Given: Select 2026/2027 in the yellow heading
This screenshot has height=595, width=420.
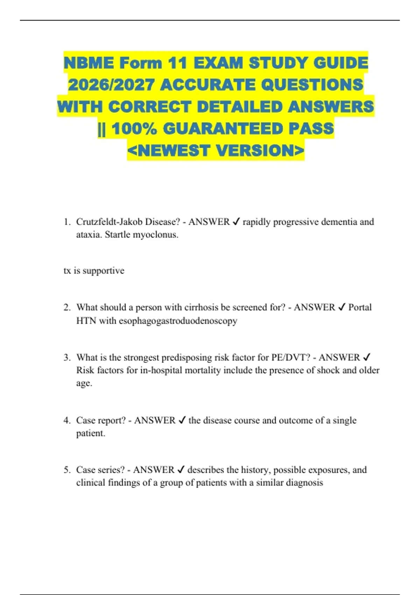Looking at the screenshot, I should [x=111, y=85].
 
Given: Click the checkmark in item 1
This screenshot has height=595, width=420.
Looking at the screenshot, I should [x=236, y=222].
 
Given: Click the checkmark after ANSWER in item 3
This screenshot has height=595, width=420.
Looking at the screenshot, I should [x=367, y=357].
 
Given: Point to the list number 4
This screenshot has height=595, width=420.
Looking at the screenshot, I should [x=67, y=420].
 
